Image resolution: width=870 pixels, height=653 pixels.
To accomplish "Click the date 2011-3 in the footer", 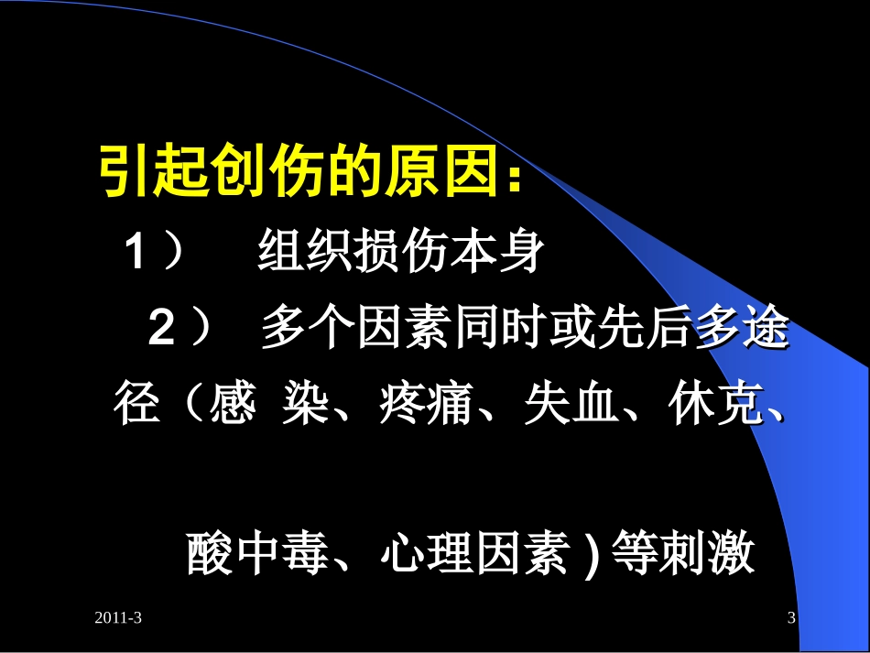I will point(118,619).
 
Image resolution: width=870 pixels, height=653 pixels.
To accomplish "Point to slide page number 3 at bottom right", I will point(791,619).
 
